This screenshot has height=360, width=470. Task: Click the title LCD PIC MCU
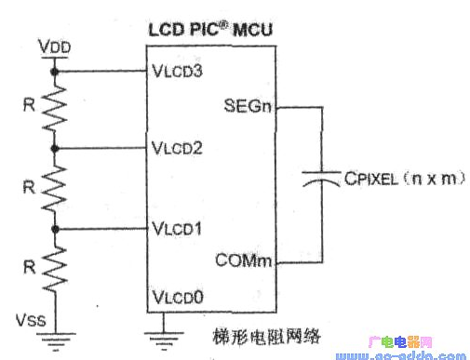click(x=210, y=29)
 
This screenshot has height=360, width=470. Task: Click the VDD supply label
click(x=55, y=47)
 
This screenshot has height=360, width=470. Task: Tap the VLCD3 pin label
click(x=176, y=70)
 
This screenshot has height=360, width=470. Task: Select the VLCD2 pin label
click(x=176, y=147)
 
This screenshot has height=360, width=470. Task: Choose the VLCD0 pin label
click(x=176, y=300)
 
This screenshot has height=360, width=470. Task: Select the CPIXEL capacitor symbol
click(x=321, y=183)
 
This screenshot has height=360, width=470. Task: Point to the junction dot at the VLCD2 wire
click(x=56, y=148)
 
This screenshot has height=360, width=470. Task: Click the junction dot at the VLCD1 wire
click(x=56, y=228)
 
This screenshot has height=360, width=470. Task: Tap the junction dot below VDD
click(x=56, y=70)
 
